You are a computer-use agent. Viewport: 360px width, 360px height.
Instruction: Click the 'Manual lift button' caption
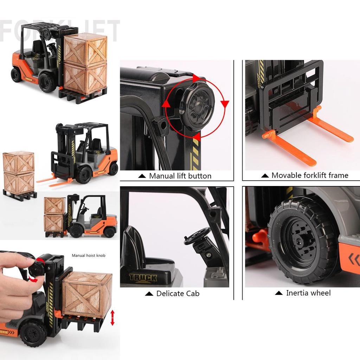click(180, 176)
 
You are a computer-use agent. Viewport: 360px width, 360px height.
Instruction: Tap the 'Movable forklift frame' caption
click(310, 175)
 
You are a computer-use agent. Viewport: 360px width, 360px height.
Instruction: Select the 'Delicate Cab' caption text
click(178, 293)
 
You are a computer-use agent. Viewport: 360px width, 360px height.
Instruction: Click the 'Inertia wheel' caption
click(308, 293)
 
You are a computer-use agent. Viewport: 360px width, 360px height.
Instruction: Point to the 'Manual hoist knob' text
click(88, 256)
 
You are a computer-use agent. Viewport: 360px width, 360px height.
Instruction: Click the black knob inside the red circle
click(199, 107)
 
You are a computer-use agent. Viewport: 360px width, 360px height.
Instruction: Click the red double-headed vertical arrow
click(112, 317)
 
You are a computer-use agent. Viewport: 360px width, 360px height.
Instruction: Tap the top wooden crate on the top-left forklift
click(85, 50)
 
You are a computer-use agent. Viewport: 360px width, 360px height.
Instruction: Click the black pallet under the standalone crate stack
click(20, 195)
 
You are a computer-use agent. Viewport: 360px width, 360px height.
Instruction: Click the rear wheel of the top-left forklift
click(16, 75)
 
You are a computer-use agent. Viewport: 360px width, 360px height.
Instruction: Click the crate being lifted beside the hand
click(87, 294)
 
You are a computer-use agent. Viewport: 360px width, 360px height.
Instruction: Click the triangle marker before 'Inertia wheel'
click(279, 293)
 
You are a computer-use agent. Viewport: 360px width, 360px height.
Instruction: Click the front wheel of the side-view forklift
click(76, 231)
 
